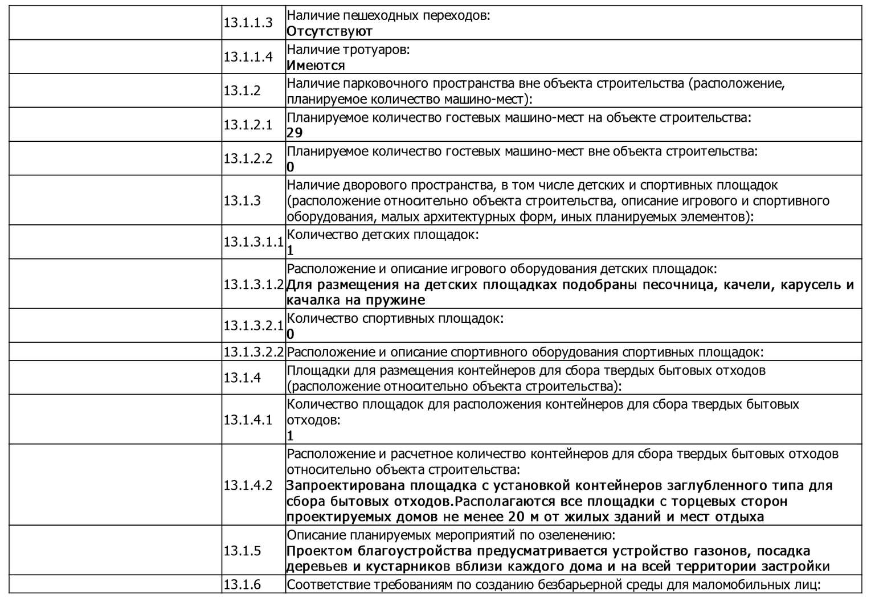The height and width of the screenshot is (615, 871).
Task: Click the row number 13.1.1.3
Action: [x=248, y=23]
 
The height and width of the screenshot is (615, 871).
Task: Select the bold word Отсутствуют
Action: [x=329, y=31]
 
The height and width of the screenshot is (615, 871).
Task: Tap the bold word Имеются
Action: [x=316, y=65]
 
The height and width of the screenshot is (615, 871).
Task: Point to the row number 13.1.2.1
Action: [x=248, y=125]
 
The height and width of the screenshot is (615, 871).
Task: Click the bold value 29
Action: [x=295, y=133]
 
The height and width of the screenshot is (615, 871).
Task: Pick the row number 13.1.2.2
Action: [x=248, y=158]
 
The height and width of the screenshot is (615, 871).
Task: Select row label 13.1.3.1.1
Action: [x=253, y=242]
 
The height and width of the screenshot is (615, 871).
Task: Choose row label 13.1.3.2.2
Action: [x=253, y=352]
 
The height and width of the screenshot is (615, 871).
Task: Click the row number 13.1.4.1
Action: [x=248, y=420]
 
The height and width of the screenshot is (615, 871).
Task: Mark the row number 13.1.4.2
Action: [x=248, y=485]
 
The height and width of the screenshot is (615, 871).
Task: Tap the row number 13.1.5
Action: [x=242, y=551]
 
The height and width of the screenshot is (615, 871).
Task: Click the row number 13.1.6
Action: [x=242, y=585]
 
